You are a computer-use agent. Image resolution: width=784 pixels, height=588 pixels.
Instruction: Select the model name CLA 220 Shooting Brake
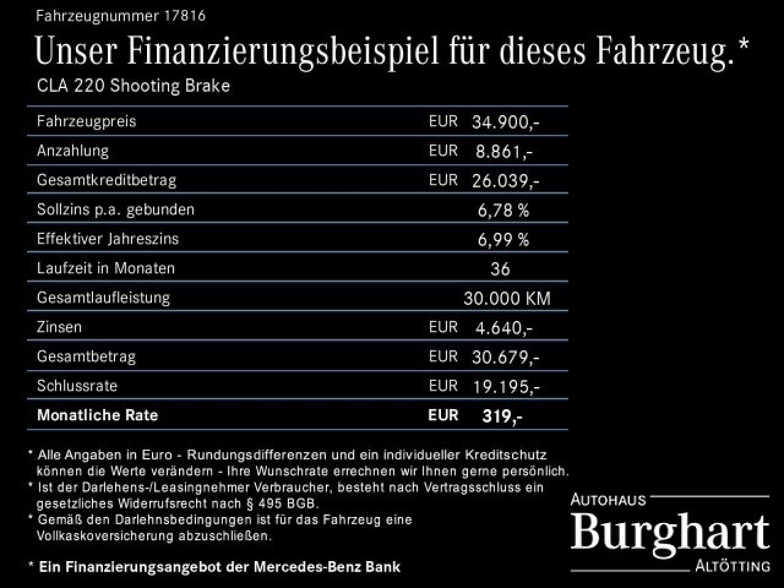tap(134, 85)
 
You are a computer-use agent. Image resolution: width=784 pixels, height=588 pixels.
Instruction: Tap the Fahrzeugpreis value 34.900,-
tap(505, 122)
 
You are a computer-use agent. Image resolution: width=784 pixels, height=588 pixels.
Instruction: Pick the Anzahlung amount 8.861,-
tap(503, 151)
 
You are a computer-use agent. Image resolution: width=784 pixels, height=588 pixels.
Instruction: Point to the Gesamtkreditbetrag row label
tap(107, 180)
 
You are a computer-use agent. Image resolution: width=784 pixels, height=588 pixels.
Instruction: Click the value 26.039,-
tap(505, 181)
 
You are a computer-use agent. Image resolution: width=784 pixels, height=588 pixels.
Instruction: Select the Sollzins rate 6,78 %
tap(503, 210)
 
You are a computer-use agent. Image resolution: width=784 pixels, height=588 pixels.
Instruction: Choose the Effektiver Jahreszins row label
tap(108, 239)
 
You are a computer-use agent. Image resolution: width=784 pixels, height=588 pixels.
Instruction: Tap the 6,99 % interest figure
tap(503, 239)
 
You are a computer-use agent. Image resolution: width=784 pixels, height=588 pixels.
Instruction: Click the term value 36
tap(500, 269)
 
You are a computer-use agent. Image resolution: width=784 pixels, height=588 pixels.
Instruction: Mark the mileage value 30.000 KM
tap(507, 298)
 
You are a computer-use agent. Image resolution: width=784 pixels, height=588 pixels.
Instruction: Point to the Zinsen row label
tap(59, 327)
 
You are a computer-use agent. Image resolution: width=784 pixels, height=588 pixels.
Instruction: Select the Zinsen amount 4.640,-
tap(503, 328)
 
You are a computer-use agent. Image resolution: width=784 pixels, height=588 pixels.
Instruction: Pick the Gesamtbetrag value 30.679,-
tap(505, 357)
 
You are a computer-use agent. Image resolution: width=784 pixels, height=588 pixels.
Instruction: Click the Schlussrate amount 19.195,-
tap(505, 386)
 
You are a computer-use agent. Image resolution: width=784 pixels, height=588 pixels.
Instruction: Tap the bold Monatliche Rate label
tap(97, 415)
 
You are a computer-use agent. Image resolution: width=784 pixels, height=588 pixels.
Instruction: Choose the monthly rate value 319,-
tap(502, 416)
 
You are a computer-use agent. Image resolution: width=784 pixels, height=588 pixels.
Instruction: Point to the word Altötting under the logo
tap(733, 566)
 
